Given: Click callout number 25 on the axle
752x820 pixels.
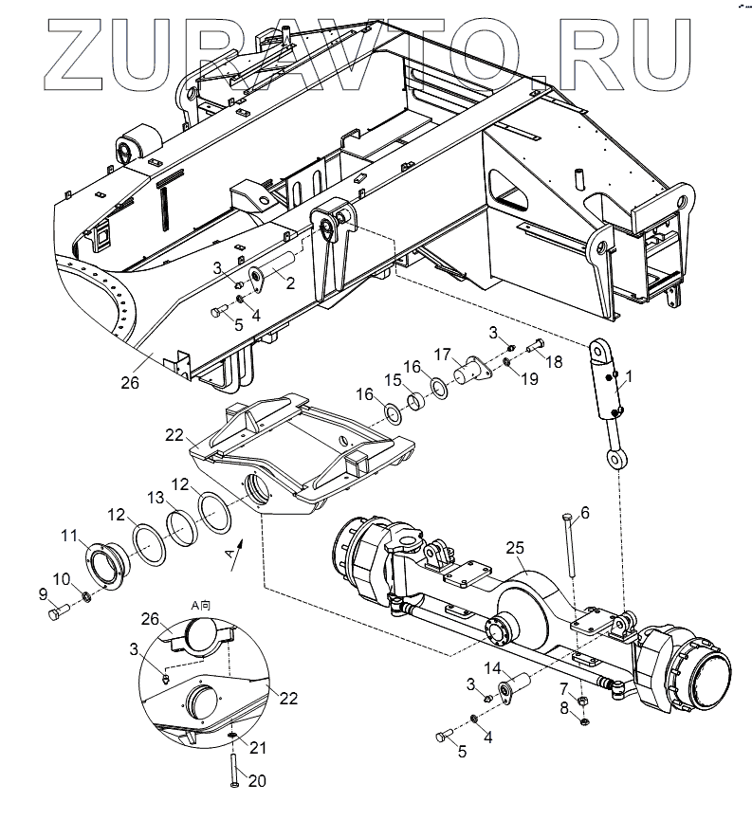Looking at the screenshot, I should point(515,549).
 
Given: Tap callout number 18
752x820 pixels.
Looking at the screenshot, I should point(554,361).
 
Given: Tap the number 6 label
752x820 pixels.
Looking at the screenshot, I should point(584,513).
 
